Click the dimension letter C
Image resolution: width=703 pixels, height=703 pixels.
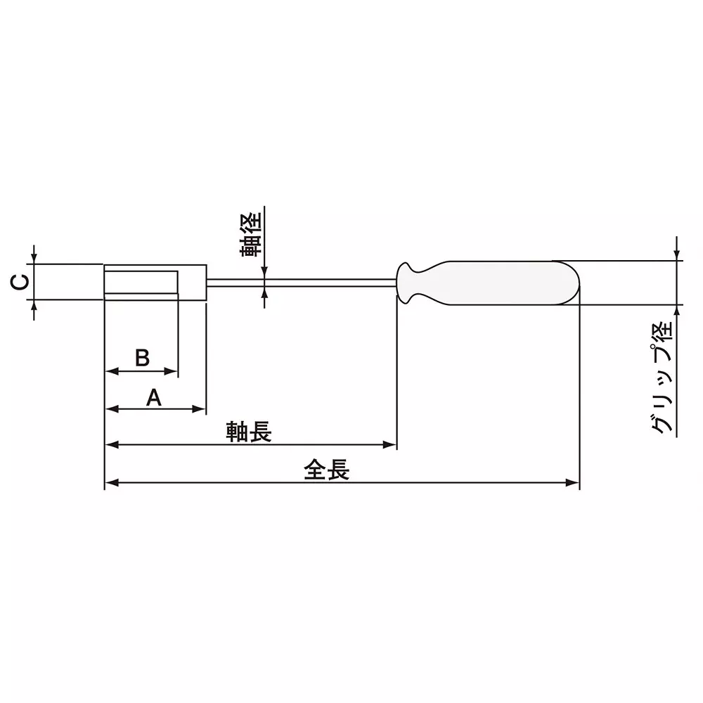click(21, 282)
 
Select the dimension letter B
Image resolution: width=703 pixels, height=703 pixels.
click(141, 358)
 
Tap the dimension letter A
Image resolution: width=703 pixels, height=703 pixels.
click(154, 398)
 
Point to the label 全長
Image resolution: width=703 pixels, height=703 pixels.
click(326, 470)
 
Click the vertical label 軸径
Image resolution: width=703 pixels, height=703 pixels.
click(250, 233)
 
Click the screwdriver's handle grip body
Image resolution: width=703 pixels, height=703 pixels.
click(506, 283)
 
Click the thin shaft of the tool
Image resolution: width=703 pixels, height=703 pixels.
click(302, 283)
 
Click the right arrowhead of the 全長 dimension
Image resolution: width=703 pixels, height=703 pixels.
click(574, 482)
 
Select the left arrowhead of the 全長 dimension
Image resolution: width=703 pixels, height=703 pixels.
click(110, 482)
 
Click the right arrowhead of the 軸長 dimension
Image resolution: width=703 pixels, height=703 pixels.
click(392, 444)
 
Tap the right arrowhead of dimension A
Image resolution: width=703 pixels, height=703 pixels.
click(200, 408)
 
